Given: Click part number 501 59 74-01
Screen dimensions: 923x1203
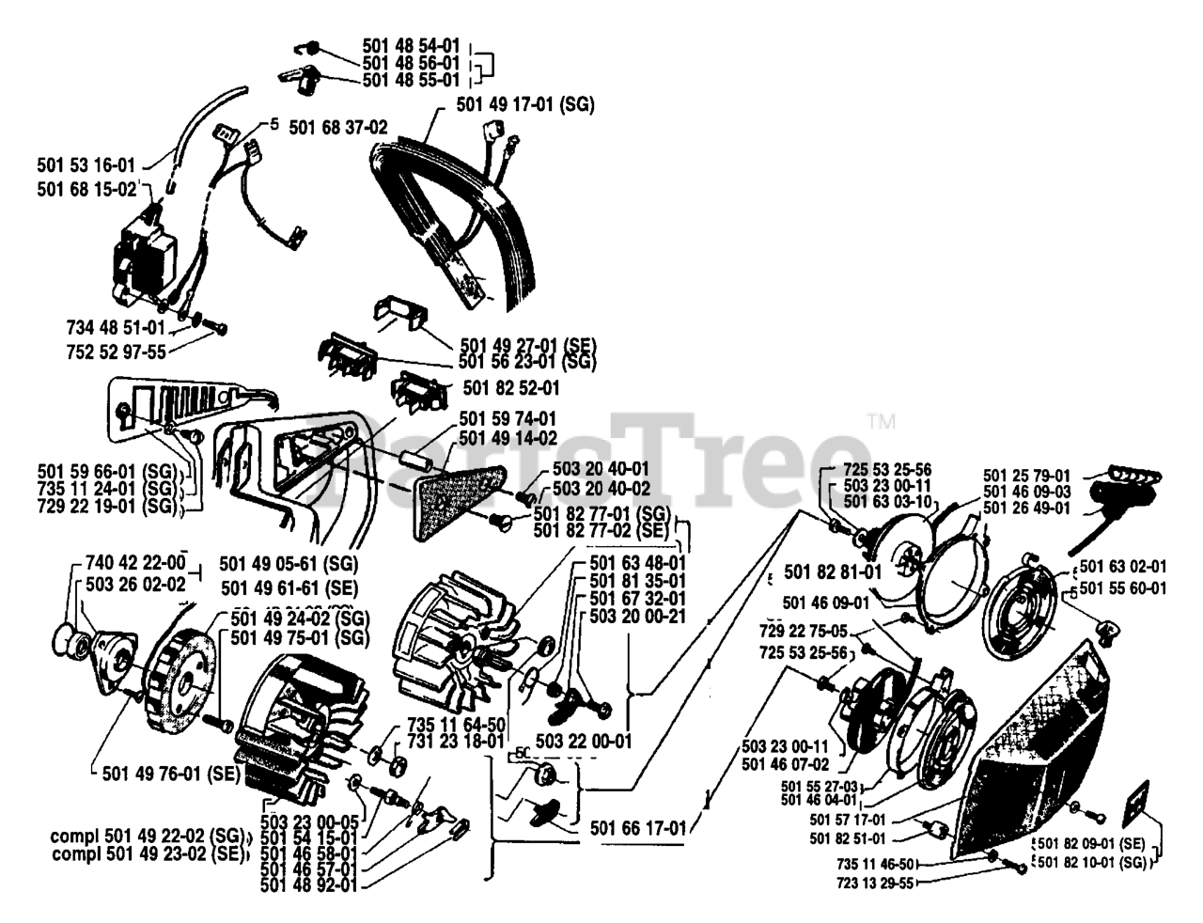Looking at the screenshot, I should coord(508,418).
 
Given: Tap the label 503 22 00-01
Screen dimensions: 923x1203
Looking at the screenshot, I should coord(584,741).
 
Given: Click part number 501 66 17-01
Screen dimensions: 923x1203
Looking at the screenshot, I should coord(639,828).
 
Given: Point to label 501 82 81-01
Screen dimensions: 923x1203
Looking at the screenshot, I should coord(833,571).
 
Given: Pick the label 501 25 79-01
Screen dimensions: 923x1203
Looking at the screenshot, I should coord(1026,476).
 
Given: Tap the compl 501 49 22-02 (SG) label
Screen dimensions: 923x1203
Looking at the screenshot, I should coord(150,836).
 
